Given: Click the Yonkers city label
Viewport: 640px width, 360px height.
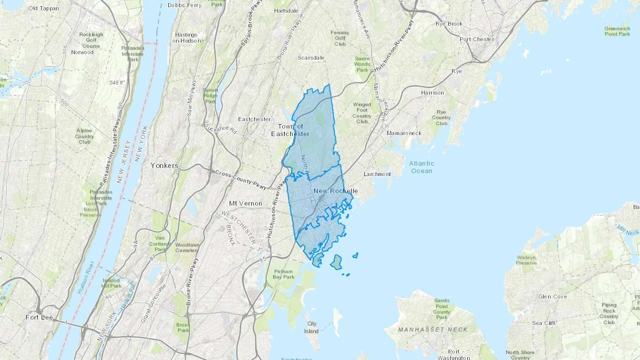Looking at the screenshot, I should click(164, 166).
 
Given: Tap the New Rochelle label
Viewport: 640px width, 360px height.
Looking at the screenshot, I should click(336, 191).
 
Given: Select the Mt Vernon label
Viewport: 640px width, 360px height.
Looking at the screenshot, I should click(245, 203).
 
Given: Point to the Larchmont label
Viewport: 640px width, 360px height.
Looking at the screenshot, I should click(377, 174).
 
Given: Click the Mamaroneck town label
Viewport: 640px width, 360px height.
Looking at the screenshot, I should click(404, 133).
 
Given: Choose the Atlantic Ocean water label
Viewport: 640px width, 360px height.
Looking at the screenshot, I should click(421, 167).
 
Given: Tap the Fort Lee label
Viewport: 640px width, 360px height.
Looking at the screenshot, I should click(39, 317).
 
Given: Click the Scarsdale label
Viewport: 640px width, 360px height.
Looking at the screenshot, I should click(311, 58).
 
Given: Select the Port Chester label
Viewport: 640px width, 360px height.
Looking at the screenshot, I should click(477, 39).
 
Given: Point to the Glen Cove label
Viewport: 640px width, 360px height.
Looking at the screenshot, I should click(552, 296).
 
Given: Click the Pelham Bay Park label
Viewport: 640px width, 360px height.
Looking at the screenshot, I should click(283, 274).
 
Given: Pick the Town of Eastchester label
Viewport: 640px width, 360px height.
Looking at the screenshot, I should click(290, 130).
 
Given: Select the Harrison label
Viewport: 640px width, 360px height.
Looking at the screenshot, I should click(432, 93).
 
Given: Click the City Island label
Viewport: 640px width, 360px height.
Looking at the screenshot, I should click(311, 327).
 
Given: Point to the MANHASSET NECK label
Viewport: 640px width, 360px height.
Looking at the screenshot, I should click(433, 329).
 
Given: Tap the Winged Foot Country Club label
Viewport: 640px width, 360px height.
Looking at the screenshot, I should click(362, 113).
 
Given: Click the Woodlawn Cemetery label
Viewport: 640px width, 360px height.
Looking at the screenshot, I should click(187, 247).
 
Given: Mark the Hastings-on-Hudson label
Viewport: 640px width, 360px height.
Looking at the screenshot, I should click(186, 38).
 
